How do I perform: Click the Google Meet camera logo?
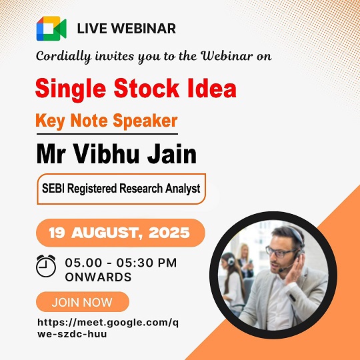[51, 29]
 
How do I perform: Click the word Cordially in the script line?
[63, 57]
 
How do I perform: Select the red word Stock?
[146, 89]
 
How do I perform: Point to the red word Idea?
[212, 89]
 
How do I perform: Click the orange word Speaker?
[145, 121]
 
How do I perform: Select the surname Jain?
[172, 154]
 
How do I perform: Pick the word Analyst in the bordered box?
[183, 189]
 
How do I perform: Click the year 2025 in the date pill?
[169, 233]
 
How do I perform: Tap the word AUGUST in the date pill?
[106, 233]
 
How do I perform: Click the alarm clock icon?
[46, 265]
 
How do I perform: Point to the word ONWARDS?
[98, 277]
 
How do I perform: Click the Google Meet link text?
[108, 328]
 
